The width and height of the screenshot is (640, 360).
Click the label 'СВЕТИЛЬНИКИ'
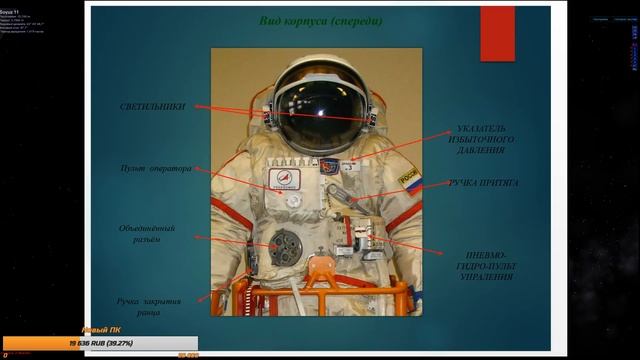click(152, 105)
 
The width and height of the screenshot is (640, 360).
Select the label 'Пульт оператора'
click(155, 169)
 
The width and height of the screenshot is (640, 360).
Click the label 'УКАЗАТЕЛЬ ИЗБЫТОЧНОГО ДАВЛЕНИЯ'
click(486, 140)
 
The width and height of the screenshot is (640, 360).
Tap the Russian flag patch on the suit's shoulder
click(410, 181)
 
